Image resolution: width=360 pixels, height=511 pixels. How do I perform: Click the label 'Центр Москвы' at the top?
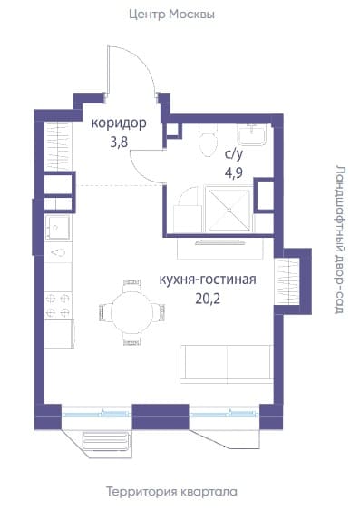[171, 15]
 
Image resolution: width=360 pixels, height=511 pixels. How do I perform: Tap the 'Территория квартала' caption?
[171, 492]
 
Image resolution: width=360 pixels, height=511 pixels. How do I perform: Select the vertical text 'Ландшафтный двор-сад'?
[340, 240]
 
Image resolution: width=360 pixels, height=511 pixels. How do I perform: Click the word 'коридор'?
[119, 123]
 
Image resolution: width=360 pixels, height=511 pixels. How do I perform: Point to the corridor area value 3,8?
[119, 142]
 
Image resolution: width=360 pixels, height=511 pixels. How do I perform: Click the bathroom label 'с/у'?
[234, 154]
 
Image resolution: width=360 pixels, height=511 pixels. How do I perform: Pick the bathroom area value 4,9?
[234, 172]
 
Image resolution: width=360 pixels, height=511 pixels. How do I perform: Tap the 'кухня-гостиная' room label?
[208, 280]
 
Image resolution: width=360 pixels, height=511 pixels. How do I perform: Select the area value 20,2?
[208, 299]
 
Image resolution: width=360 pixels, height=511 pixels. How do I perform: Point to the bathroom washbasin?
[253, 134]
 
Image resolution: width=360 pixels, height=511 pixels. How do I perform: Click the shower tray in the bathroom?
[229, 210]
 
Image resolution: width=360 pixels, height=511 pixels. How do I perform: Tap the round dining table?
[131, 312]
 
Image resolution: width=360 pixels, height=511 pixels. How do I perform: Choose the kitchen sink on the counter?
[58, 227]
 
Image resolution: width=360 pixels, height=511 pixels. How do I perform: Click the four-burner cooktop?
[58, 305]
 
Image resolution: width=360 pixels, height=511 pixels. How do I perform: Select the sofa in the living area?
[226, 363]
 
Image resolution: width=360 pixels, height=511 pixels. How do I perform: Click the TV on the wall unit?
[220, 242]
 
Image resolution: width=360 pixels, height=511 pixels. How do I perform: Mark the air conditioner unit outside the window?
[107, 441]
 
